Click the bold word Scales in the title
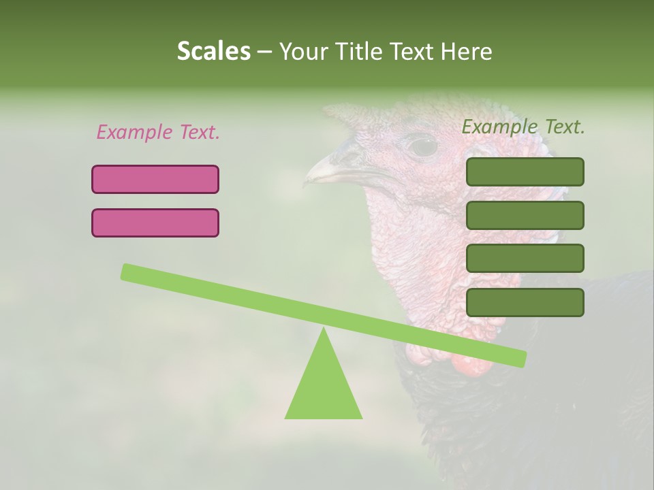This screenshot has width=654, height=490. pos(213,52)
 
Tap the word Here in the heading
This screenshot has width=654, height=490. pos(466,52)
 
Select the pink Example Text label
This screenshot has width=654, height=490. pos(158,132)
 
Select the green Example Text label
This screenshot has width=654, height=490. pos(523,127)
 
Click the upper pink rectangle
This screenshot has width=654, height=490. pos(155,179)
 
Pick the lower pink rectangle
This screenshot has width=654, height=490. pos(155,223)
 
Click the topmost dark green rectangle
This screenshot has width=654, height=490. pos(525,171)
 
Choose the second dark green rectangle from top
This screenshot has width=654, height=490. pos(525,215)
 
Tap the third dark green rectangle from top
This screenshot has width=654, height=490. pos(525,259)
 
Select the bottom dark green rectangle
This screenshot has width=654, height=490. pos(525,302)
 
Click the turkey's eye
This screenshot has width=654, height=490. pos(422,145)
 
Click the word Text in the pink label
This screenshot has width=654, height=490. pos(198,132)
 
